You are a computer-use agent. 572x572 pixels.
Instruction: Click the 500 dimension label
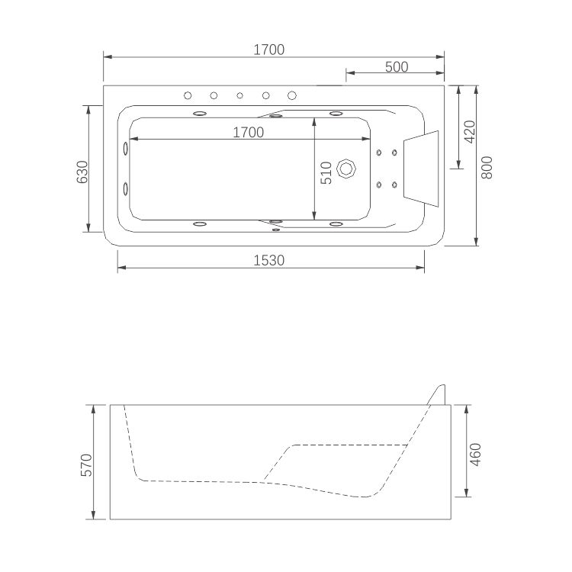[x=396, y=66]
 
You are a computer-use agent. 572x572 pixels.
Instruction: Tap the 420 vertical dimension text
[x=469, y=131]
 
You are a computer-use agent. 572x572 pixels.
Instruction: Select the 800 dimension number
[x=488, y=167]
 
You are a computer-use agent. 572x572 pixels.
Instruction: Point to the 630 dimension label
[x=82, y=172]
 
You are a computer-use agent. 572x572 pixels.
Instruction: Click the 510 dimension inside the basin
[x=326, y=173]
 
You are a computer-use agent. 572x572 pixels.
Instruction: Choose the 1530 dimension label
[x=268, y=260]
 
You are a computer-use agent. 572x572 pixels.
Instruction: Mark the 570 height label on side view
[x=85, y=464]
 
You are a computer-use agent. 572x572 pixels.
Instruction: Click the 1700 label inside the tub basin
[x=248, y=132]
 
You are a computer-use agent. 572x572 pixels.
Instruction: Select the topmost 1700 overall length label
[x=268, y=50]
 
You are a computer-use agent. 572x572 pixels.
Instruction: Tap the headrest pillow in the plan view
[x=422, y=168]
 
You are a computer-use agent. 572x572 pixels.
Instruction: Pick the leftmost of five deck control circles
[x=188, y=95]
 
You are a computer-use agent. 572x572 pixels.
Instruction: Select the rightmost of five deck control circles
[x=292, y=95]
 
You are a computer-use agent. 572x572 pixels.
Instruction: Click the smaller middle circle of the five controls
[x=239, y=95]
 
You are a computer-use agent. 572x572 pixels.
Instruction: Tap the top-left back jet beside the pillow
[x=378, y=153]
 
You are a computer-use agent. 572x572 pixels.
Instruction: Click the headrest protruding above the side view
[x=438, y=394]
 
